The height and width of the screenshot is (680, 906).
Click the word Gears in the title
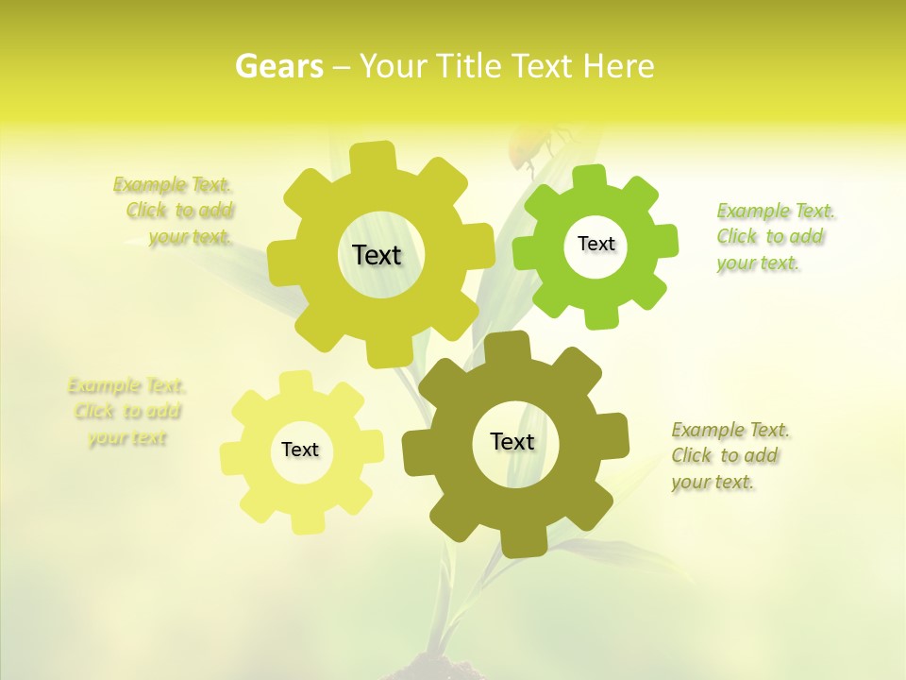[278, 66]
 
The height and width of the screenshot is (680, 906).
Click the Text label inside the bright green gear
[596, 244]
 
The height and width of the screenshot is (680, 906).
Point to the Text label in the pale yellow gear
[300, 450]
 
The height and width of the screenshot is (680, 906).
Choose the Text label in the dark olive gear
[512, 441]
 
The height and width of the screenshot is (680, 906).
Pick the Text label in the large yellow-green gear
[377, 255]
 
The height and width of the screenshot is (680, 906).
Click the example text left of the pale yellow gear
[127, 412]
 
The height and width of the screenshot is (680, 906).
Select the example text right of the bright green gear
[775, 236]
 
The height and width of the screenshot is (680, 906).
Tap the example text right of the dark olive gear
[730, 455]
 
